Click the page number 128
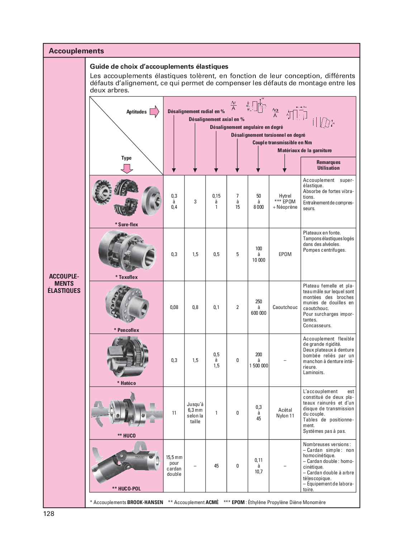tap(49, 513)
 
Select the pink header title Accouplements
tap(76, 51)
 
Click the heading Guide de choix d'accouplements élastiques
tap(159, 67)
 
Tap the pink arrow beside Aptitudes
tap(154, 112)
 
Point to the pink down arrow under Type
tap(126, 168)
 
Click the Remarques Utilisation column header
tap(328, 165)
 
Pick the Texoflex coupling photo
tap(127, 251)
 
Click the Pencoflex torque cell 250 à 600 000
tap(259, 307)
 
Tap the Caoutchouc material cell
tap(285, 307)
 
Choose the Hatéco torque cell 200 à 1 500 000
tap(259, 360)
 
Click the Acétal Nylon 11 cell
tap(285, 413)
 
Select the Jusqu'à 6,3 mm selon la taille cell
tap(195, 413)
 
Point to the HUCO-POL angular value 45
tap(216, 466)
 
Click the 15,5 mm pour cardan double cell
tap(174, 466)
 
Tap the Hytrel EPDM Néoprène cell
tap(285, 202)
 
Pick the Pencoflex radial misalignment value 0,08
tap(174, 307)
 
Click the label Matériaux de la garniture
tap(304, 150)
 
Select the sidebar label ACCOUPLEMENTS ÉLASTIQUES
tap(64, 284)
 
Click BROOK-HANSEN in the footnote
tap(145, 502)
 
